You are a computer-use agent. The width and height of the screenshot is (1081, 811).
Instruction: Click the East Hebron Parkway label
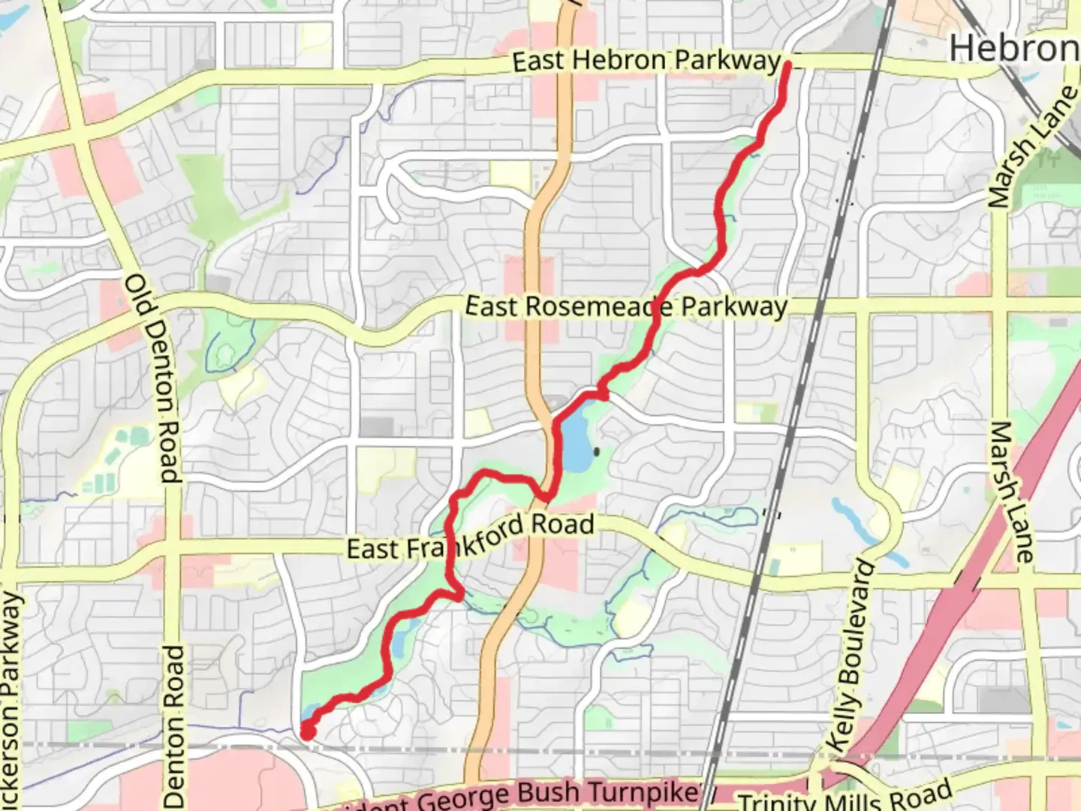point(647,61)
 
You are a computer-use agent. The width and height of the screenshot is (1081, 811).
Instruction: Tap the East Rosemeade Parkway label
point(626,306)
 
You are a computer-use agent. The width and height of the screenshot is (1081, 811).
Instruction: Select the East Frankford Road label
point(471,538)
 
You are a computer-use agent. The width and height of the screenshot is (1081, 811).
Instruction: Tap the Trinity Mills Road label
point(845,797)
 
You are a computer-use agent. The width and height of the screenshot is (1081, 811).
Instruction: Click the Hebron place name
point(1013,49)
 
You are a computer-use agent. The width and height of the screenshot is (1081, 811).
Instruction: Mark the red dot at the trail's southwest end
point(307,731)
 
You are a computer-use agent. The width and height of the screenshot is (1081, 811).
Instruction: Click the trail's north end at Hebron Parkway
point(787,66)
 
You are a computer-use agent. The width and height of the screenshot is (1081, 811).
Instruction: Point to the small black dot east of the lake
point(597,452)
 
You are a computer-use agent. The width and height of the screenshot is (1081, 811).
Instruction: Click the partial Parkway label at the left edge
point(11,698)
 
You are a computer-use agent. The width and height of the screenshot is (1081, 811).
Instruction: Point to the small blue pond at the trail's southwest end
point(310,713)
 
